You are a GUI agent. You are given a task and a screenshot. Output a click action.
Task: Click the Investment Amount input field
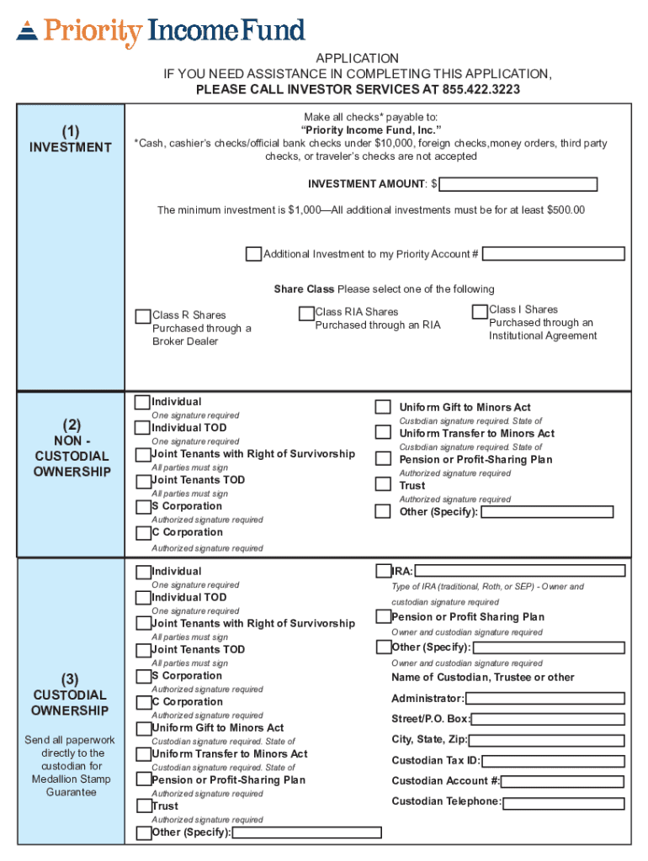518,184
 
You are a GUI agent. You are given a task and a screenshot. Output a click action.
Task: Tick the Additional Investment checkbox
253,254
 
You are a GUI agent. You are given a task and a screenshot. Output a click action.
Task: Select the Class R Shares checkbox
143,317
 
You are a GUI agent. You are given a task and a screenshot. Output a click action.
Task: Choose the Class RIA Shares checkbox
306,314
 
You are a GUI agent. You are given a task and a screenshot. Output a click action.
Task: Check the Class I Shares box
480,311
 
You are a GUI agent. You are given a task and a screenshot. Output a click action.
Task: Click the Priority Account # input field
553,254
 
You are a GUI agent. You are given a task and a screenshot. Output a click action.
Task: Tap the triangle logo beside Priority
27,31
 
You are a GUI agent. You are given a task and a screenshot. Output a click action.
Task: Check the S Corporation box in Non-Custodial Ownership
143,507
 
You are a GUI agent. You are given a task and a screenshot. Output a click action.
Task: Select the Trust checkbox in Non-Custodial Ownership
383,484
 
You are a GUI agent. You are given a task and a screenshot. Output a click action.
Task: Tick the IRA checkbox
384,571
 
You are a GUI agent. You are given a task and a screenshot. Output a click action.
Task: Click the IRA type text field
519,571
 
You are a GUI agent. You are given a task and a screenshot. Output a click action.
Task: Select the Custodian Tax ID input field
553,761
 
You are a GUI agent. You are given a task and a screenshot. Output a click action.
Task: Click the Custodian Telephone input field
563,802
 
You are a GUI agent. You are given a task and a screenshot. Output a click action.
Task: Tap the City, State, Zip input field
547,740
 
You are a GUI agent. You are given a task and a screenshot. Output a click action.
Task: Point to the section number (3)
70,679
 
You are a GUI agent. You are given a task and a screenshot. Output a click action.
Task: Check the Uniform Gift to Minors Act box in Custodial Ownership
143,728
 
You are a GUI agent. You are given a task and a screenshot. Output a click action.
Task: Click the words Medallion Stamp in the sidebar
71,779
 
